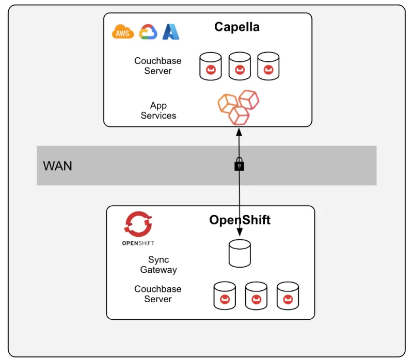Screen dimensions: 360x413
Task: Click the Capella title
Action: [236, 27]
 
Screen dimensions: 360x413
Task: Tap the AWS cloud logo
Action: [123, 32]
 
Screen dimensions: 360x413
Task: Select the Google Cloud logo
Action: [148, 32]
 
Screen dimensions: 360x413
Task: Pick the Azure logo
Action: [171, 32]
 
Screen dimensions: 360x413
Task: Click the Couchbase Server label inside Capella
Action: [157, 66]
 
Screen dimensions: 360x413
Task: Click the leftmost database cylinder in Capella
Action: [211, 66]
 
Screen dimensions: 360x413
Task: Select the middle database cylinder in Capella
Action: [239, 66]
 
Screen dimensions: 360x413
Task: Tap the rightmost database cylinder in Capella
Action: [268, 66]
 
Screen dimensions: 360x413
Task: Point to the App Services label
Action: [158, 111]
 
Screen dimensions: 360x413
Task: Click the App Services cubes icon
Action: [238, 107]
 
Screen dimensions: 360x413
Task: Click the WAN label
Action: [57, 166]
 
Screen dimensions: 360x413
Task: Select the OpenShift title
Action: [240, 220]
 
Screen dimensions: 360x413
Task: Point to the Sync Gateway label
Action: [158, 265]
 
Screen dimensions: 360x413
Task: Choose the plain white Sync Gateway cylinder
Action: [240, 253]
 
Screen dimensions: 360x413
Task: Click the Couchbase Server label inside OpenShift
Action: [157, 294]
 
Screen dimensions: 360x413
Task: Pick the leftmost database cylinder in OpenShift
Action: [225, 296]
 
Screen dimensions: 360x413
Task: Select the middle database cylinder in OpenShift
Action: [256, 296]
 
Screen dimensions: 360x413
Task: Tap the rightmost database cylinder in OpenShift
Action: [288, 296]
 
